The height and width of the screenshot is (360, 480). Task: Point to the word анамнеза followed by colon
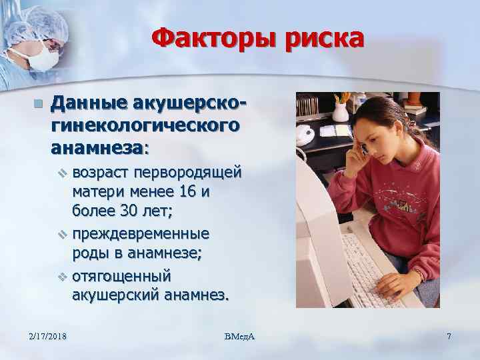click(x=101, y=145)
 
